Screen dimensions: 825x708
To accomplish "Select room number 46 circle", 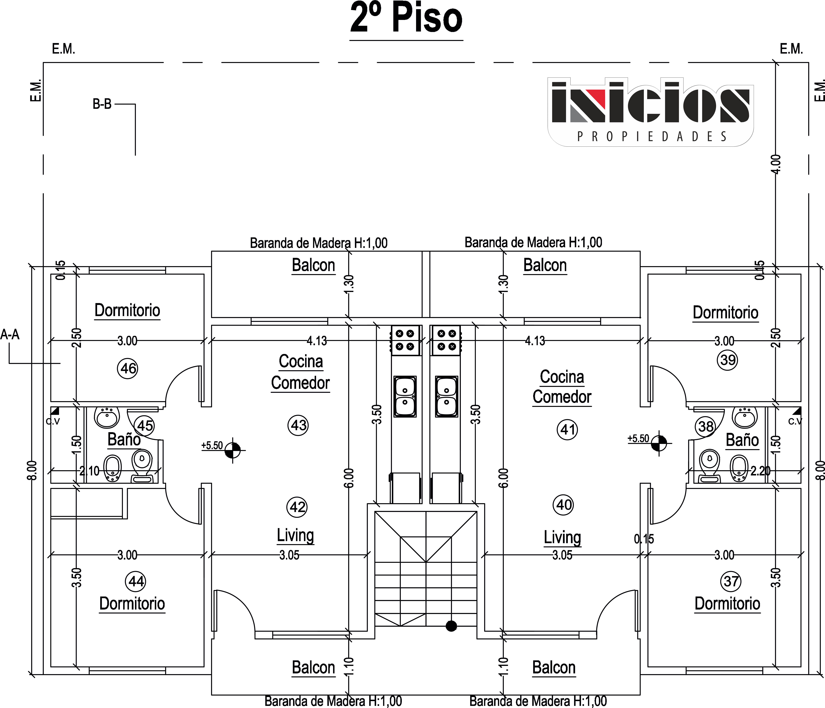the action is pyautogui.click(x=127, y=368).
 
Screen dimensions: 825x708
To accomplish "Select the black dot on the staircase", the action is pyautogui.click(x=451, y=626).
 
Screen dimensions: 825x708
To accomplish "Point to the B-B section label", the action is pyautogui.click(x=102, y=104).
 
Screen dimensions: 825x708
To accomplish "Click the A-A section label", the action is pyautogui.click(x=10, y=334).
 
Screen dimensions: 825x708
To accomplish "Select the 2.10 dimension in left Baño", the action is pyautogui.click(x=89, y=471).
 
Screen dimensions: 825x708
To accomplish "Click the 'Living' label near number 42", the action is pyautogui.click(x=295, y=536).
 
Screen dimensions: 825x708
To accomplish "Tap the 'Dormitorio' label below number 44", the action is pyautogui.click(x=132, y=603).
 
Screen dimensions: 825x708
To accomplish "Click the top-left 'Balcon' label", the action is pyautogui.click(x=313, y=265).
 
